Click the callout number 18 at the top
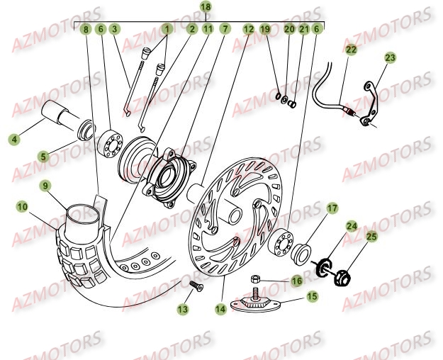[x=206, y=6]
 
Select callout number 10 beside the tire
[x=23, y=206]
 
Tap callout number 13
[x=184, y=309]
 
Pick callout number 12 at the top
[x=248, y=29]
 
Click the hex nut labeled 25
[x=340, y=272]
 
